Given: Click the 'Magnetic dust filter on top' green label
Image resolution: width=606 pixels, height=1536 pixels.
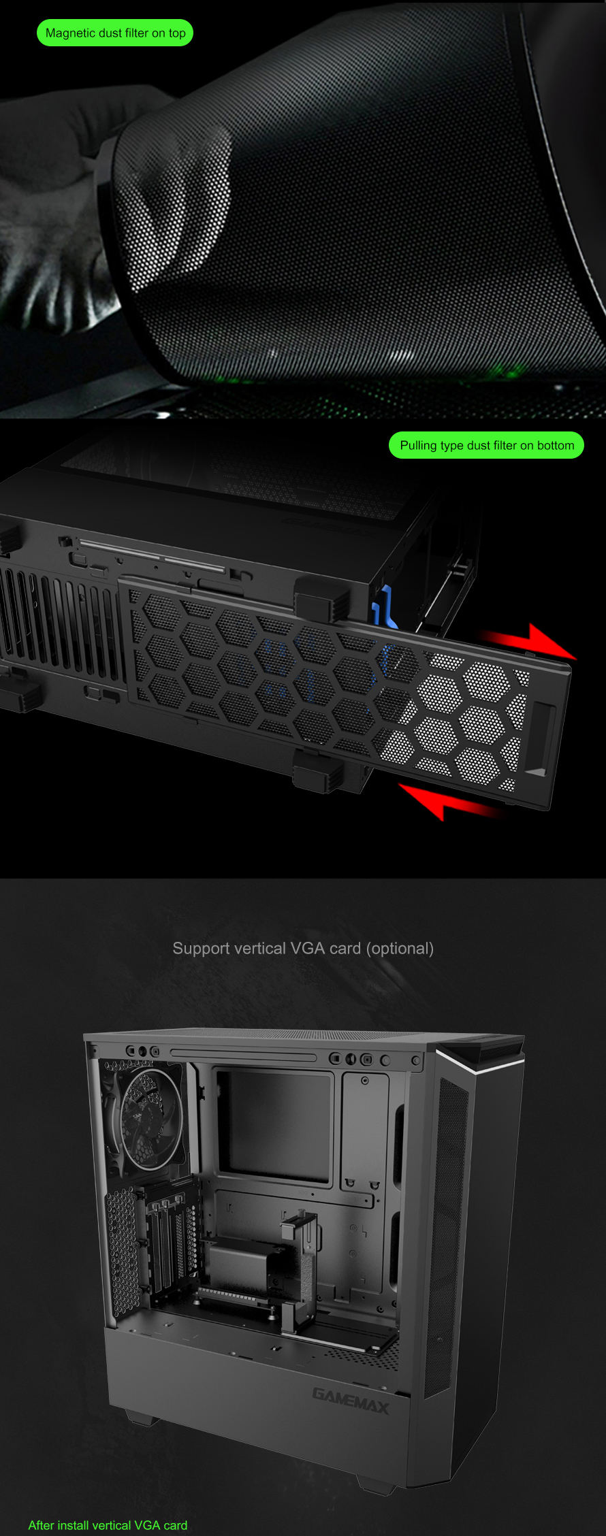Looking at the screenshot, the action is click(x=115, y=33).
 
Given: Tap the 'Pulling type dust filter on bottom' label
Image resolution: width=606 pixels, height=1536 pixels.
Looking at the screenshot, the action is click(x=486, y=445).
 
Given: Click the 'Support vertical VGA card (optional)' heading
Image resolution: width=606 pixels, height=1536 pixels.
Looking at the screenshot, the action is click(x=303, y=948).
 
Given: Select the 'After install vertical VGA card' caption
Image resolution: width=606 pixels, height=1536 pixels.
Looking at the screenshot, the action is click(x=108, y=1525).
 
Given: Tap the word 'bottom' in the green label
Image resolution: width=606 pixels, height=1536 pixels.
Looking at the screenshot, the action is click(x=556, y=445).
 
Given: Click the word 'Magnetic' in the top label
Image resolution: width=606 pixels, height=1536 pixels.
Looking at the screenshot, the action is click(x=69, y=33).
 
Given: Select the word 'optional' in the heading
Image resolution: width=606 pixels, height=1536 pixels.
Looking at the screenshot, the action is click(x=400, y=949).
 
